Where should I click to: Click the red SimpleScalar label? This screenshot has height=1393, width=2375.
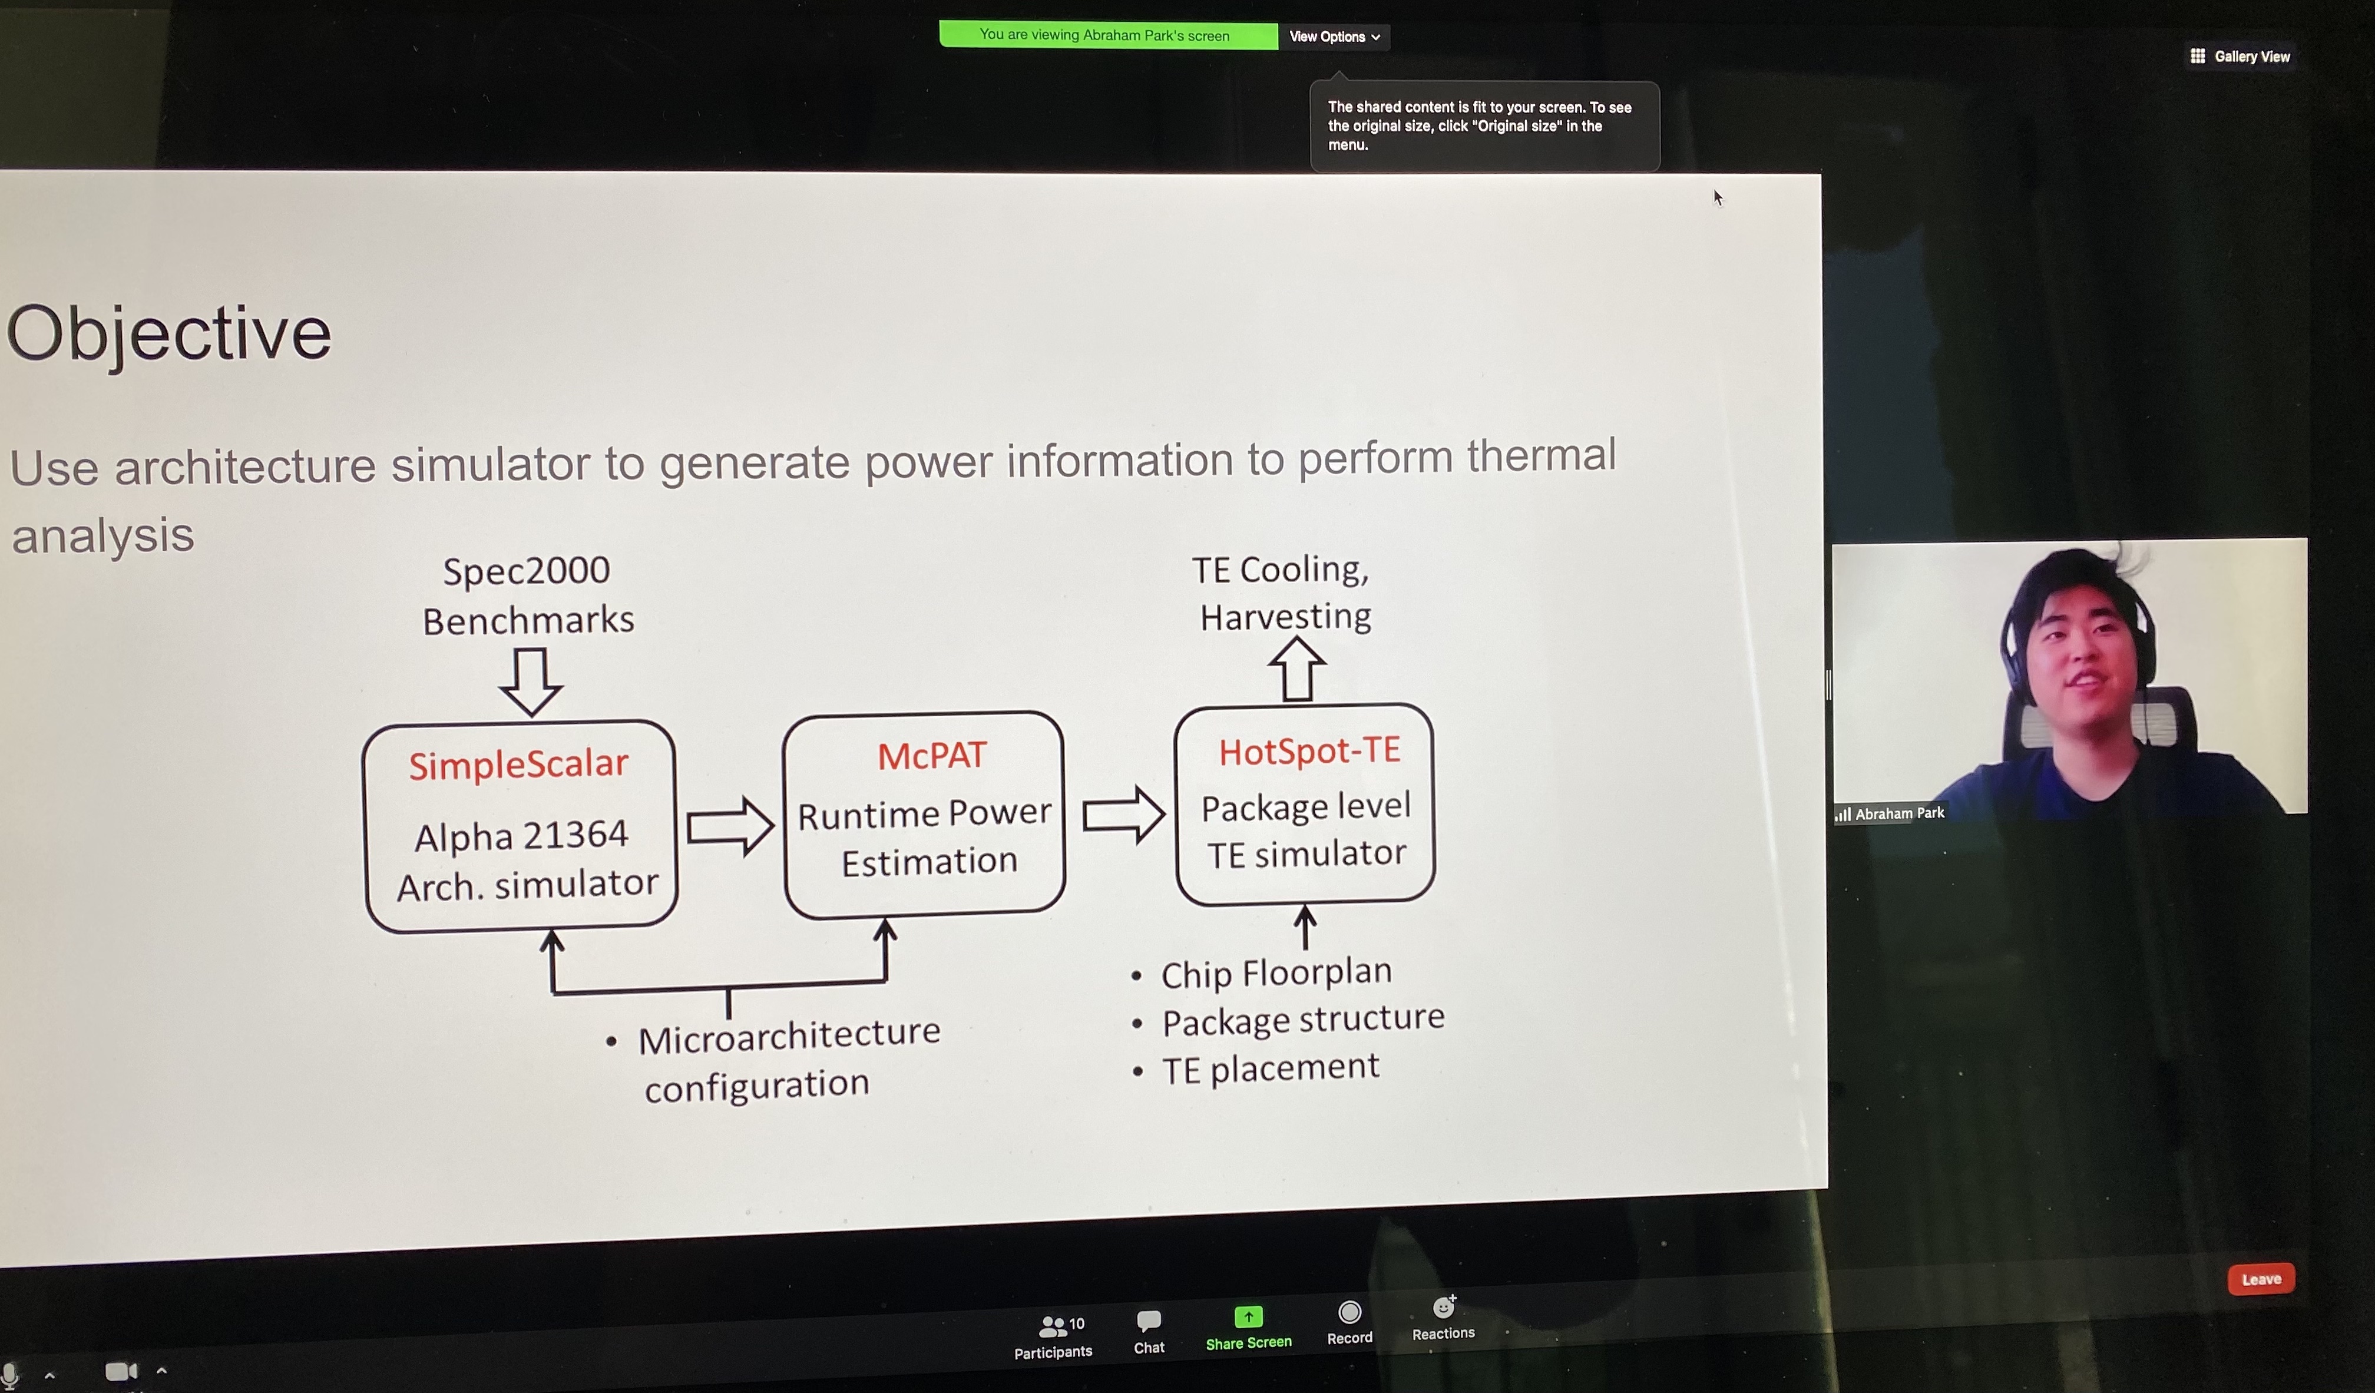pos(518,765)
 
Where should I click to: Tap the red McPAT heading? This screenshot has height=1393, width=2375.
pos(931,756)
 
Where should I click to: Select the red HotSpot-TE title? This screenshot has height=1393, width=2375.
pos(1309,751)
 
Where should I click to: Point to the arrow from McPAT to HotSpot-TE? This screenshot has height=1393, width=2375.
pos(1123,815)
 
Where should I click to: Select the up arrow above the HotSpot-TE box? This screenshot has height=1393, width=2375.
pos(1297,669)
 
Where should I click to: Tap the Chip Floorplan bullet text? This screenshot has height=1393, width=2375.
pos(1275,972)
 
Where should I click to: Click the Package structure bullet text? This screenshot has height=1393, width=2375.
pos(1302,1020)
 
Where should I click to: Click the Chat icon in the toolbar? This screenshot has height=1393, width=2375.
pos(1149,1321)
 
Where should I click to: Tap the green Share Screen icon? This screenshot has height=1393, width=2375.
pos(1248,1316)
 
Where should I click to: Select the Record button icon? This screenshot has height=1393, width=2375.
pos(1349,1312)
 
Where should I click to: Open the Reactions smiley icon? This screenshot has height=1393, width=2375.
pos(1443,1307)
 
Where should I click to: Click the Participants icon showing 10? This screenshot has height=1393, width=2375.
pos(1054,1326)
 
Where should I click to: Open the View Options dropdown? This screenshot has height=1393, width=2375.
pos(1334,37)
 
